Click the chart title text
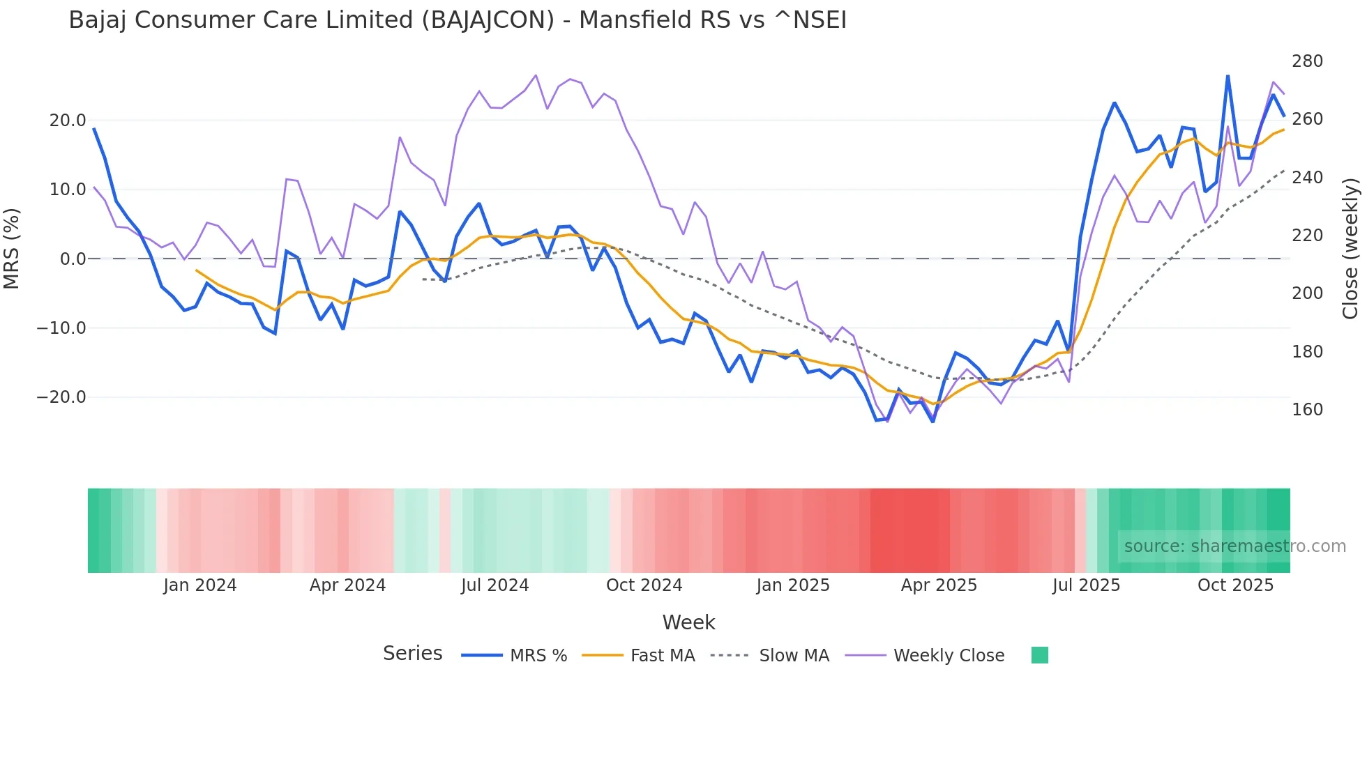click(x=458, y=20)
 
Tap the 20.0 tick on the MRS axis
click(x=68, y=121)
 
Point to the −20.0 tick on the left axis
click(x=61, y=397)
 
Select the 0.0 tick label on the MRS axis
click(x=73, y=259)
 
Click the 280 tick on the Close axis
click(x=1307, y=61)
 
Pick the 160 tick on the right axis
click(x=1307, y=410)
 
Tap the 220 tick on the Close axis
click(x=1307, y=236)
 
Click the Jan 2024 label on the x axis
click(x=200, y=585)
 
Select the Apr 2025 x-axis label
click(x=939, y=585)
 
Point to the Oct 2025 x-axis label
click(x=1235, y=585)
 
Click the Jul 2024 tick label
click(x=495, y=585)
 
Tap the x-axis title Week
click(x=688, y=622)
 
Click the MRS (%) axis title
click(x=12, y=249)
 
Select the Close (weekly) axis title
click(x=1351, y=249)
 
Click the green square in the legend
click(x=1039, y=655)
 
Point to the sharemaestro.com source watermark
click(x=1234, y=546)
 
